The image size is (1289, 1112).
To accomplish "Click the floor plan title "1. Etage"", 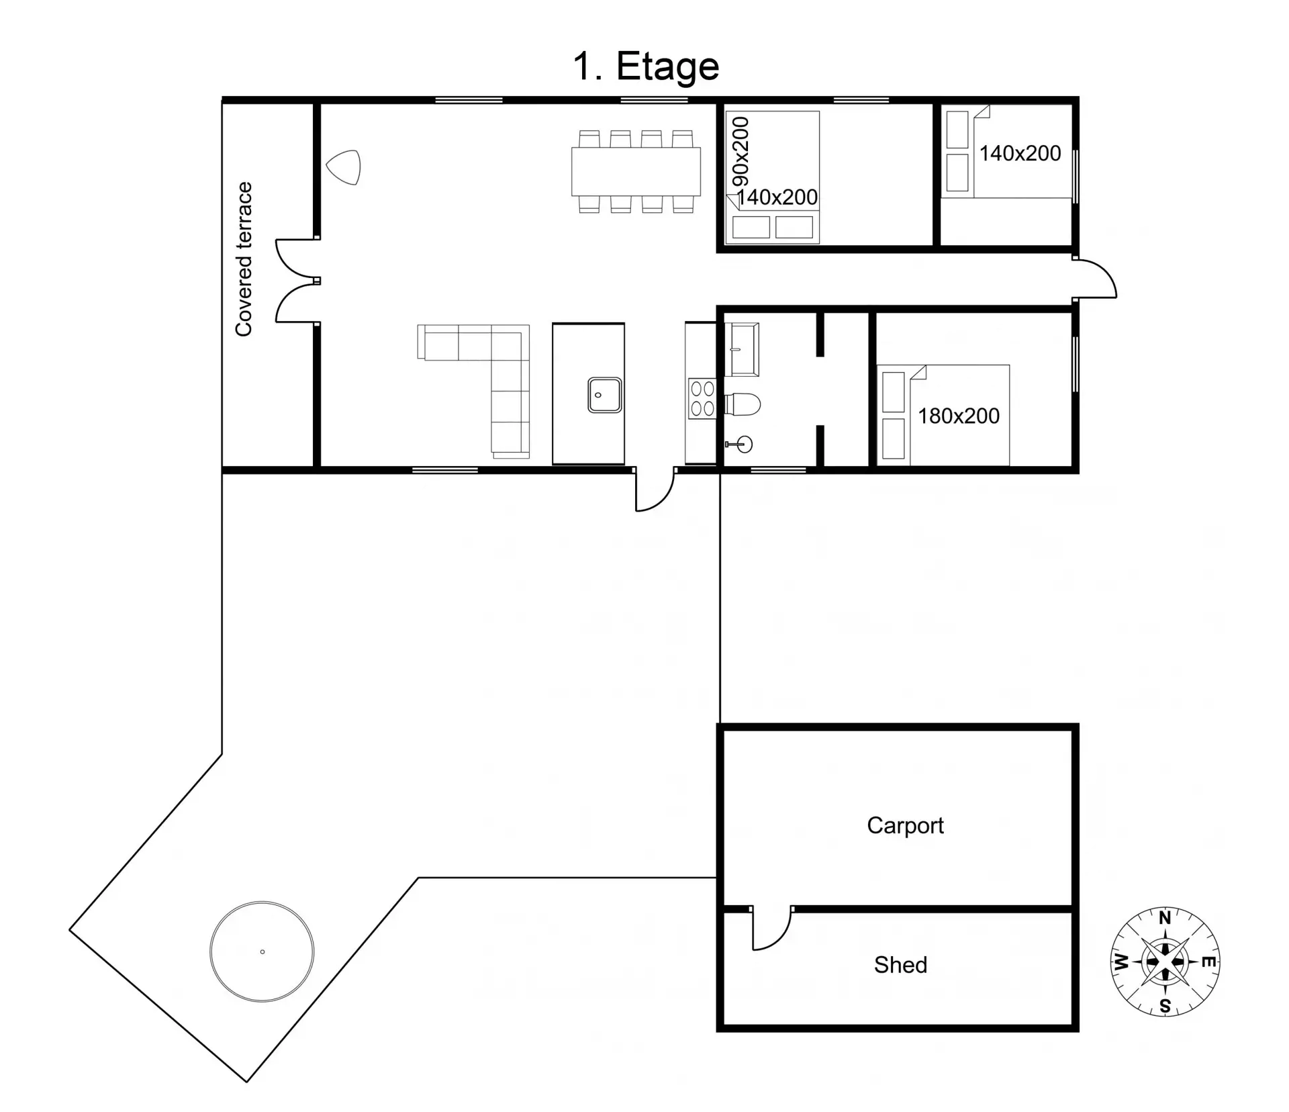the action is [x=646, y=67].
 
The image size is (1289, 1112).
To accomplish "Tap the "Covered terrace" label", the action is [x=243, y=259].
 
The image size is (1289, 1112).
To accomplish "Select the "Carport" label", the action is [x=905, y=825].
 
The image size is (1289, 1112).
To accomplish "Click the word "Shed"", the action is [x=900, y=965].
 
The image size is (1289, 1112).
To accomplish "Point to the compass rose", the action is [x=1165, y=961].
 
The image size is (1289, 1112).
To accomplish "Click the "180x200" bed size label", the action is [x=959, y=416].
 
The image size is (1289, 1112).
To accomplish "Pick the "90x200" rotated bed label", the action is [x=741, y=152].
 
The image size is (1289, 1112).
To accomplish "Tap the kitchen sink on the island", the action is [x=604, y=395].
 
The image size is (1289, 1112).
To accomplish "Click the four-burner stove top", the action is [x=702, y=400].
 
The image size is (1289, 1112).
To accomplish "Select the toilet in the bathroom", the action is [x=743, y=405].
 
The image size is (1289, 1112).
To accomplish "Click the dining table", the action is [x=636, y=171].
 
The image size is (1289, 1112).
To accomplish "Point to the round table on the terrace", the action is [x=262, y=952].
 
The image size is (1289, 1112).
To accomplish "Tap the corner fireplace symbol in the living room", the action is [x=344, y=167].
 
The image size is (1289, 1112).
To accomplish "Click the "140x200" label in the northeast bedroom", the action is [x=1020, y=154].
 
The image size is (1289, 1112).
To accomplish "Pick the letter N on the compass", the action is [x=1165, y=918].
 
